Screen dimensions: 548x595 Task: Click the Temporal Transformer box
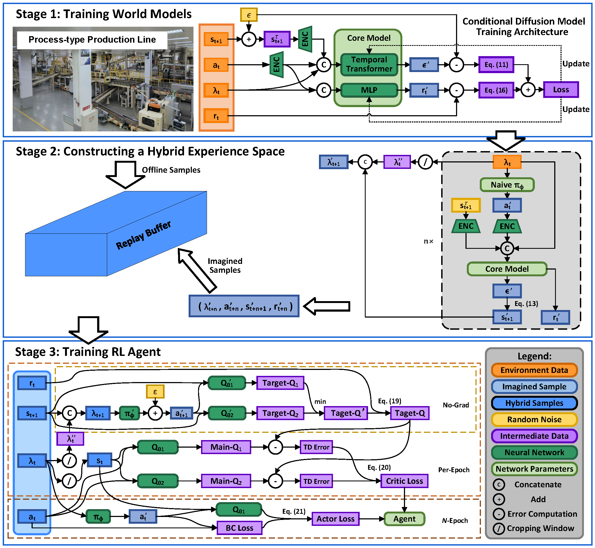pos(369,64)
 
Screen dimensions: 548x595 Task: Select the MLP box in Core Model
pos(369,90)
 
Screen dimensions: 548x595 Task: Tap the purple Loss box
pos(560,90)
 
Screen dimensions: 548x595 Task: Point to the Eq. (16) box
pos(496,90)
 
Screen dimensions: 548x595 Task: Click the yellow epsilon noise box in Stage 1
pos(249,15)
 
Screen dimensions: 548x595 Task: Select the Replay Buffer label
pos(143,235)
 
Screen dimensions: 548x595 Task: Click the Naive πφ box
pos(507,185)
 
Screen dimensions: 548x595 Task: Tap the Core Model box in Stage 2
pos(507,269)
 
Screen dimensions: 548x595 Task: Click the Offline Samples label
pos(171,170)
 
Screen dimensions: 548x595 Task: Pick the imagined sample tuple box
pos(244,306)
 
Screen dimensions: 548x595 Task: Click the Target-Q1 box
pos(280,383)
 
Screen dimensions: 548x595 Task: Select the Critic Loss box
pos(404,481)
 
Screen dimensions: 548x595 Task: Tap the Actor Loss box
pos(335,519)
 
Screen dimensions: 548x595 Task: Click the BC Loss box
pos(239,528)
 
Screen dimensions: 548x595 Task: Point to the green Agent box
pos(404,519)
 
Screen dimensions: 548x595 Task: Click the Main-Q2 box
pos(226,481)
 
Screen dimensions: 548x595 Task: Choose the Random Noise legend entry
pos(534,420)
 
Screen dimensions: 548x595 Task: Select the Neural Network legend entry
pos(534,452)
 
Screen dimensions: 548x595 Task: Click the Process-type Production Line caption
pos(92,40)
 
